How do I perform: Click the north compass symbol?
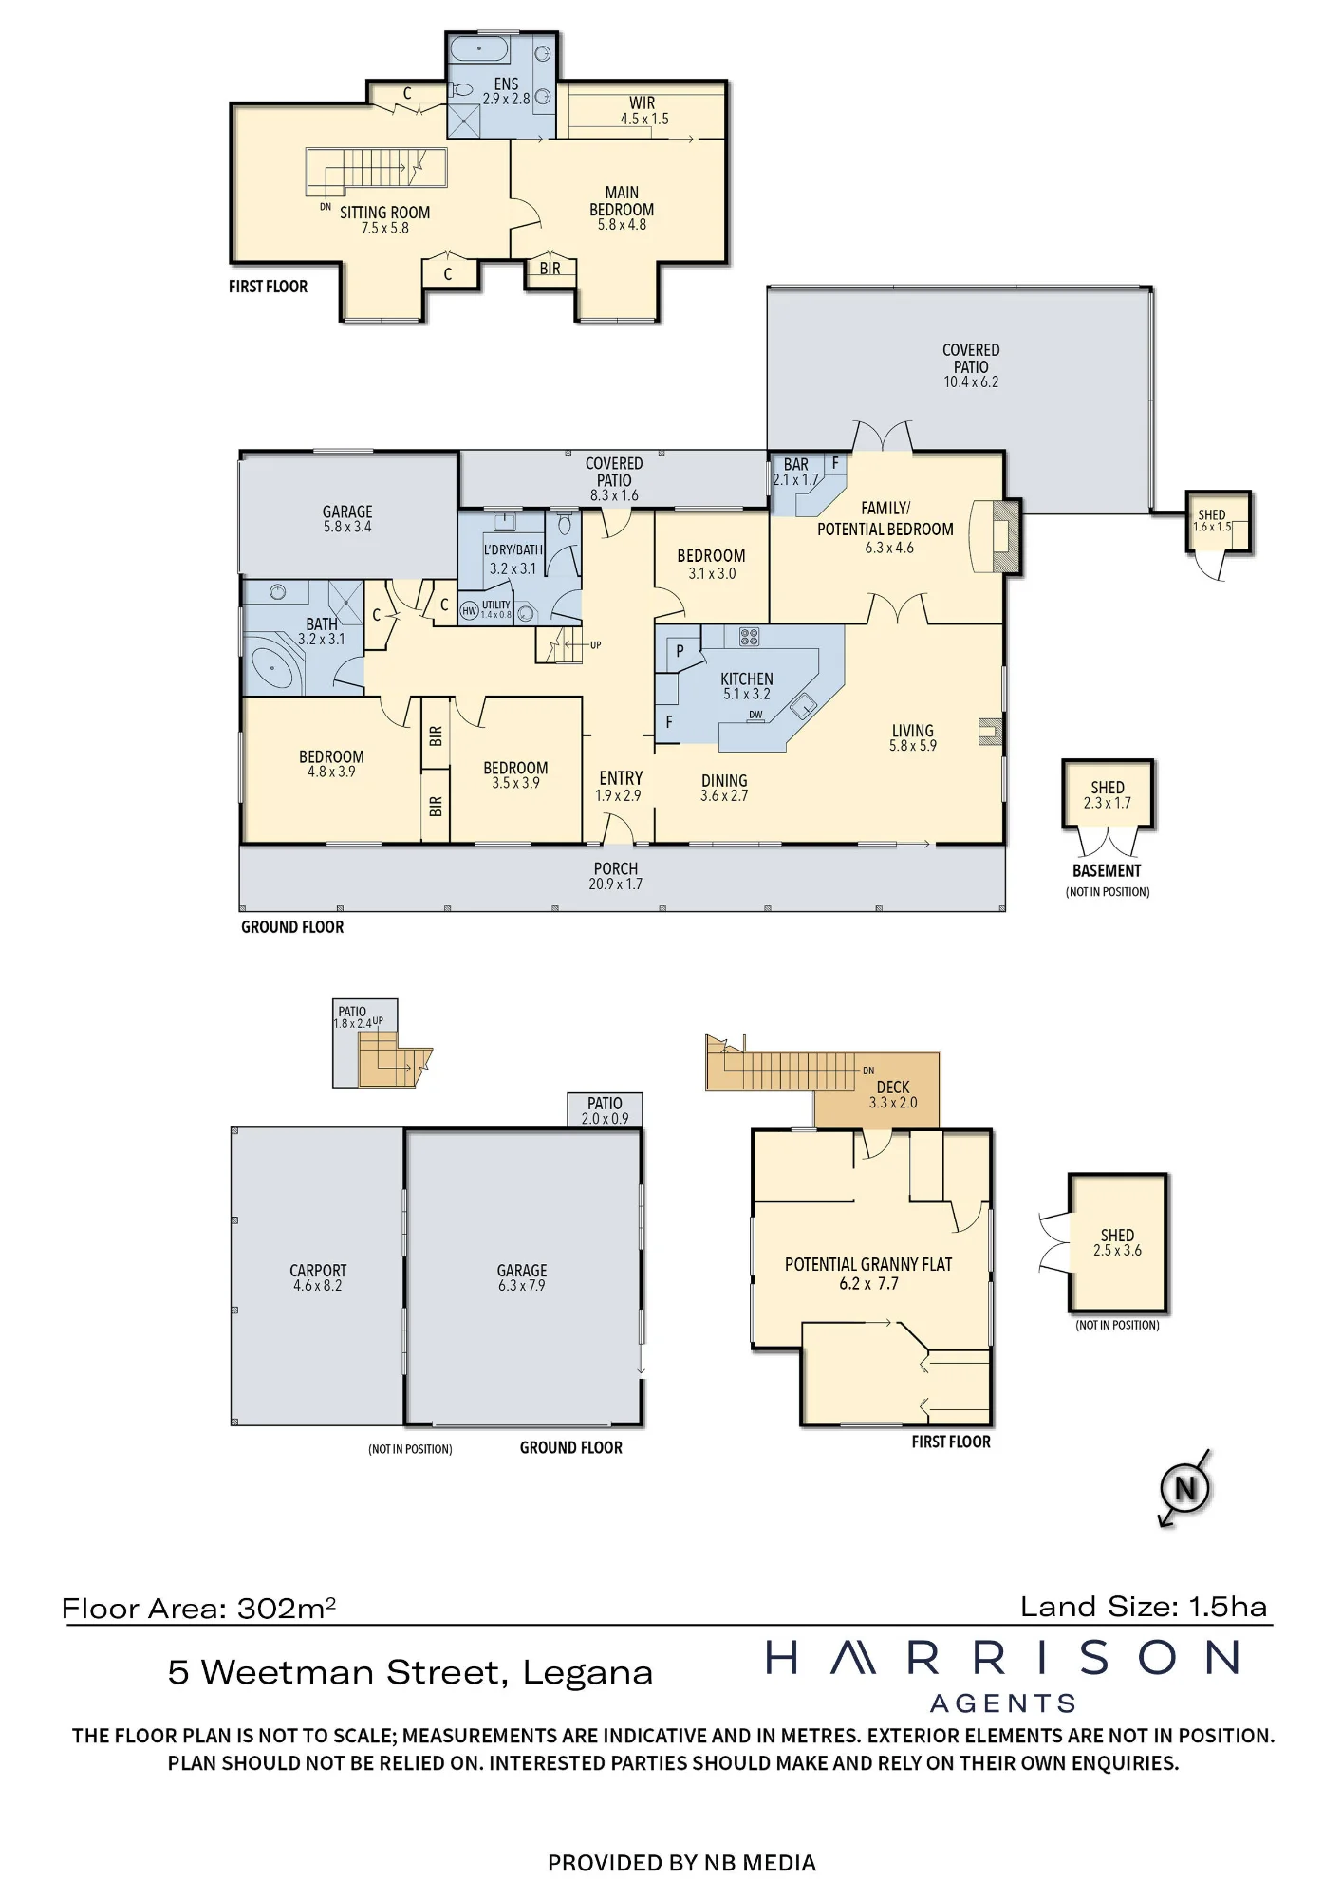(1184, 1487)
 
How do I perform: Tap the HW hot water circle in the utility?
(469, 611)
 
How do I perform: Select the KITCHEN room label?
(747, 679)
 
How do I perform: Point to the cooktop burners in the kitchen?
(749, 637)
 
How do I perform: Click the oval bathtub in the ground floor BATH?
(273, 669)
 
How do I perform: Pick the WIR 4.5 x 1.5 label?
(643, 110)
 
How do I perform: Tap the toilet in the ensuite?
(462, 90)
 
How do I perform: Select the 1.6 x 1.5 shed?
(1218, 522)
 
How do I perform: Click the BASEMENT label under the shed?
(1107, 870)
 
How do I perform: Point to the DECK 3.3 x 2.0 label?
(893, 1094)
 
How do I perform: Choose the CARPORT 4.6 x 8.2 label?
(318, 1277)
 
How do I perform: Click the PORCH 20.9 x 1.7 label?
(616, 876)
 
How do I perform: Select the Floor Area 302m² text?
(199, 1608)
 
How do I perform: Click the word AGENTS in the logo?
(1003, 1703)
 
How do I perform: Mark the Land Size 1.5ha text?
(1144, 1607)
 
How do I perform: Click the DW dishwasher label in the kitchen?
(755, 715)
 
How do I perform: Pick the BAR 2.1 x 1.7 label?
(795, 472)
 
